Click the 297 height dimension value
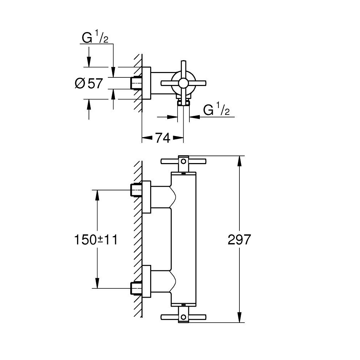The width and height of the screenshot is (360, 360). pyautogui.click(x=239, y=239)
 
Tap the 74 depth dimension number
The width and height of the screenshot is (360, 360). pyautogui.click(x=162, y=138)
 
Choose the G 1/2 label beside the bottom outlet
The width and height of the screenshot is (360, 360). pyautogui.click(x=216, y=110)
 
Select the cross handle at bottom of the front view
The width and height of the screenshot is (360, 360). pyautogui.click(x=184, y=317)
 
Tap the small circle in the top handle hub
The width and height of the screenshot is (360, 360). pyautogui.click(x=184, y=160)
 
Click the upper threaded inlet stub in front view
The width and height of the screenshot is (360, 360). pyautogui.click(x=136, y=190)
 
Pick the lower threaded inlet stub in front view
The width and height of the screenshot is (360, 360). pyautogui.click(x=136, y=288)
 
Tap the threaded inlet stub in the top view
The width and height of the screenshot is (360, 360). pyautogui.click(x=136, y=83)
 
